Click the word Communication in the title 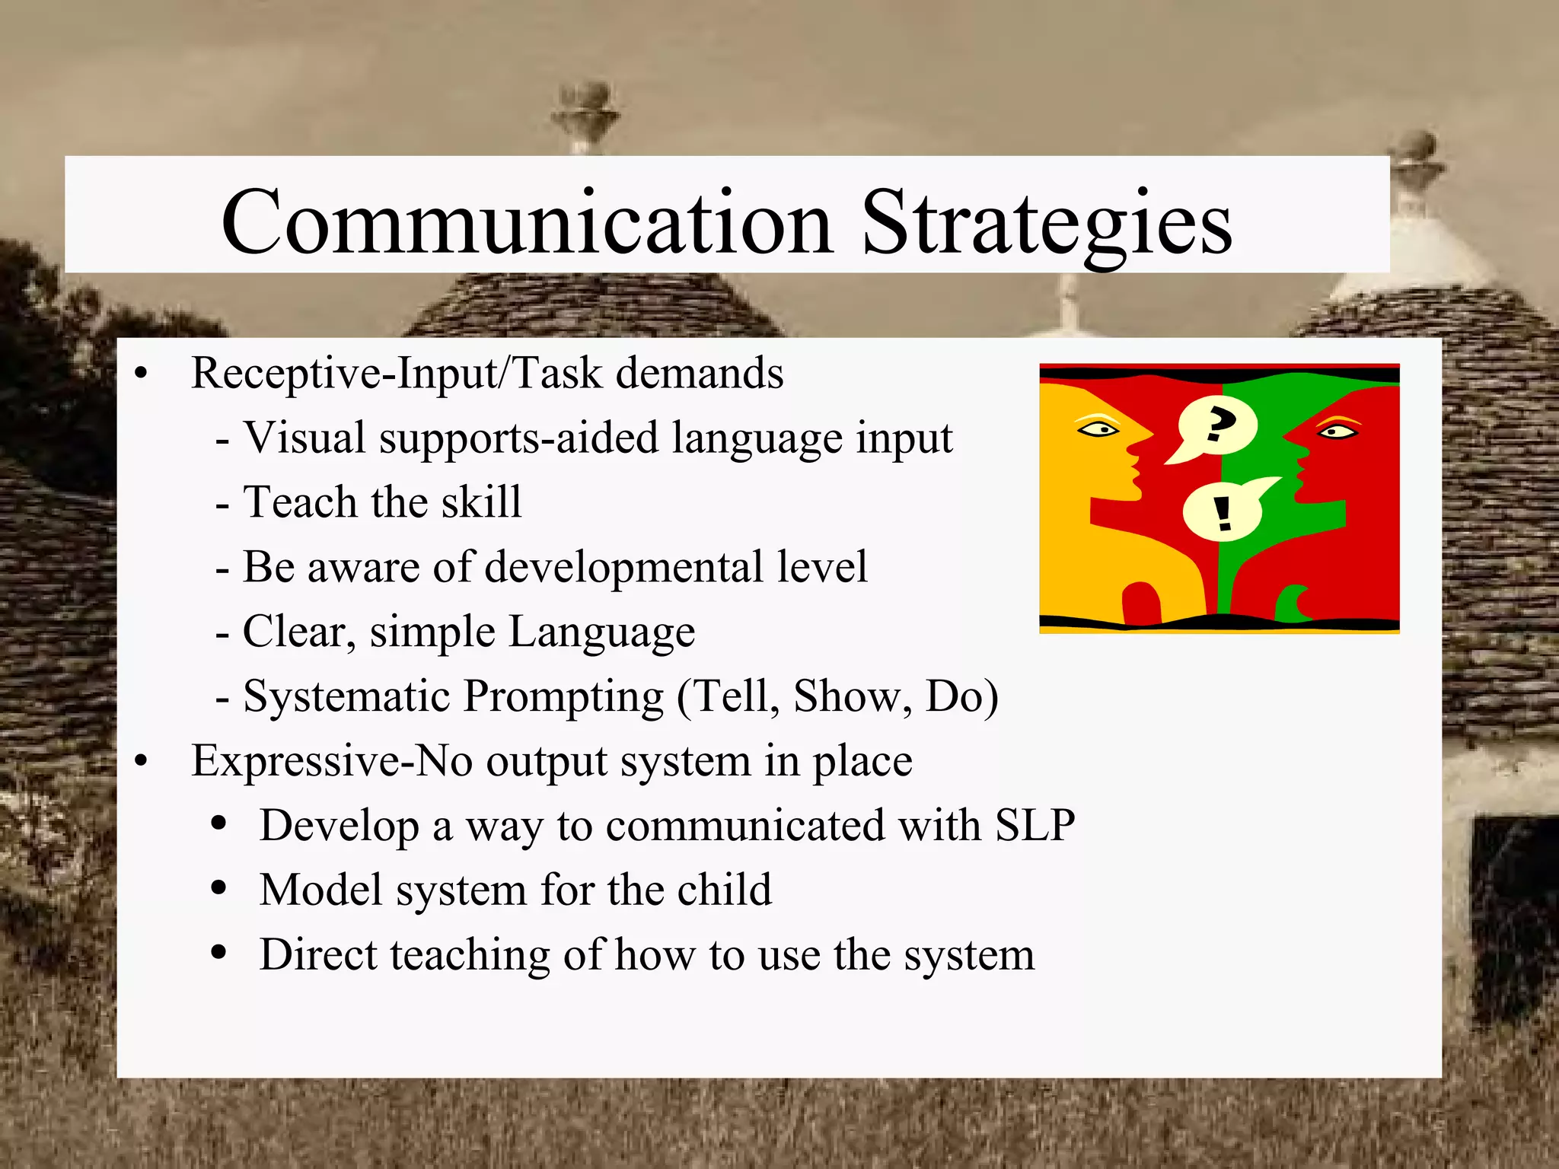[x=527, y=222]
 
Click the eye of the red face [x=1337, y=432]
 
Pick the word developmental [x=623, y=568]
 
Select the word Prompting [x=564, y=697]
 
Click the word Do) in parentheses [x=961, y=697]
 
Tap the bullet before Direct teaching [x=219, y=953]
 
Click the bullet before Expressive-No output [x=141, y=761]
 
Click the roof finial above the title [x=585, y=110]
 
